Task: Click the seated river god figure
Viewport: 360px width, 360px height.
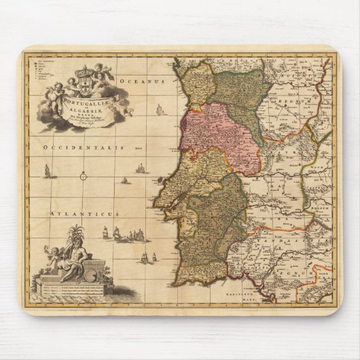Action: coord(72,256)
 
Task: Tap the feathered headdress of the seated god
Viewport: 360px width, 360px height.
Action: coord(75,234)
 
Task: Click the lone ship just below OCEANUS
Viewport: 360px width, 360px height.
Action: coord(160,110)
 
